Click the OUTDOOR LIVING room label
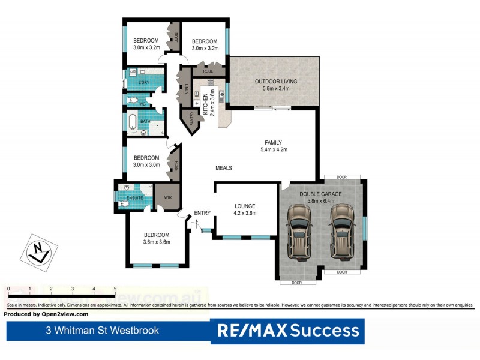point(275,85)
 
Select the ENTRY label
point(202,213)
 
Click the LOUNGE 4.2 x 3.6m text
point(245,209)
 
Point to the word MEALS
point(224,168)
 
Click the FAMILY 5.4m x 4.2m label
point(273,146)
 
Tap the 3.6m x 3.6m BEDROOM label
point(156,238)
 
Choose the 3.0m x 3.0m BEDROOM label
point(146,161)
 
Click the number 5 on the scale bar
point(115,289)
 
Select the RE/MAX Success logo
point(288,331)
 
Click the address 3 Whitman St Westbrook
point(103,331)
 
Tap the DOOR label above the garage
point(341,177)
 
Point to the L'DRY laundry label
point(144,83)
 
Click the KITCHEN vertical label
point(205,104)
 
